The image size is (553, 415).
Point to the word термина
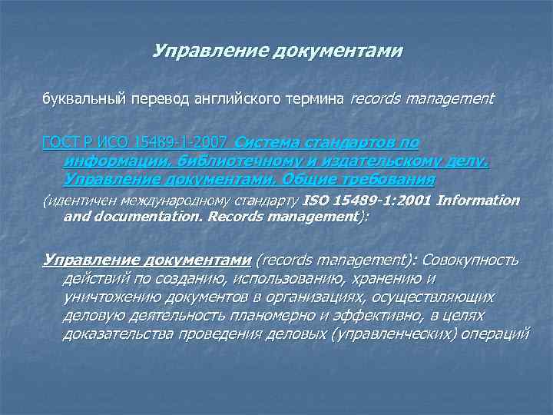click(318, 100)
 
